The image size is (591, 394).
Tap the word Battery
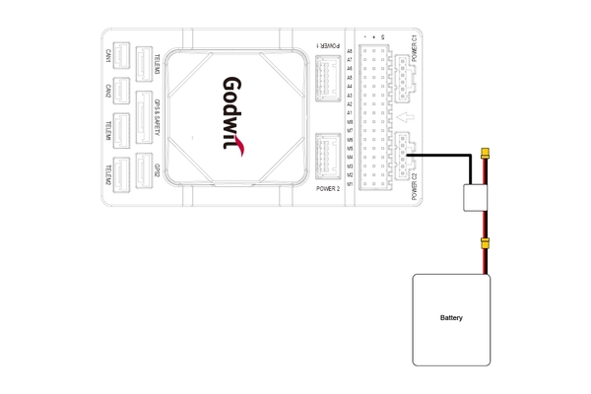[451, 319]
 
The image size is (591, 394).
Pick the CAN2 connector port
[122, 91]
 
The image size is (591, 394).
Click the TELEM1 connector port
[122, 129]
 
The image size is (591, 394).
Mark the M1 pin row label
[350, 183]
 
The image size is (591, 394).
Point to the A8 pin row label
[350, 50]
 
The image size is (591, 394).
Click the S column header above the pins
[385, 37]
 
